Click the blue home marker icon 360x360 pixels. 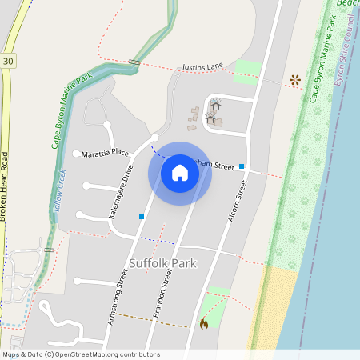coord(180,173)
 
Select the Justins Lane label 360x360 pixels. coord(202,68)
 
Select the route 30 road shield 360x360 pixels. coord(8,61)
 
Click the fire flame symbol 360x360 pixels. coord(203,324)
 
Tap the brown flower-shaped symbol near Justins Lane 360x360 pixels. coord(295,80)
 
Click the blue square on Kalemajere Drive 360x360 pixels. coord(142,217)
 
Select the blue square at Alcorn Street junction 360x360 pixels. coord(242,166)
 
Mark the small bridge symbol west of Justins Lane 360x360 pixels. coord(134,62)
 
